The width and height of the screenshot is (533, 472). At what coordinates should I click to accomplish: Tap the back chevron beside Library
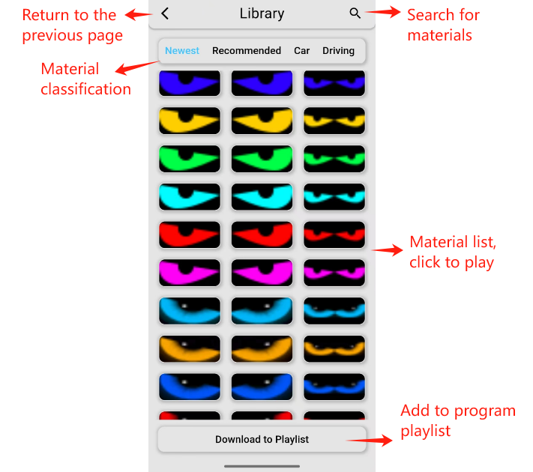click(x=165, y=13)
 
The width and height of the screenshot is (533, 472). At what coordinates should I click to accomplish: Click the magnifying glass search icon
click(x=355, y=13)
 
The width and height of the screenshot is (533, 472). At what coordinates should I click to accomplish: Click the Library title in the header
click(x=262, y=13)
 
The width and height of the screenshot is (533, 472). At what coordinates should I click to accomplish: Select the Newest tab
click(x=182, y=51)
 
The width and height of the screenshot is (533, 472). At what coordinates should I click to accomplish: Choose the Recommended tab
click(x=247, y=51)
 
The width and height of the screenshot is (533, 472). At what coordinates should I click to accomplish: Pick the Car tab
click(x=301, y=51)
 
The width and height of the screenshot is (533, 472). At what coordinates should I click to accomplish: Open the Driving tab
click(x=338, y=51)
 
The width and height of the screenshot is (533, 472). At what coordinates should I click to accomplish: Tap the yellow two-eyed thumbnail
click(x=334, y=121)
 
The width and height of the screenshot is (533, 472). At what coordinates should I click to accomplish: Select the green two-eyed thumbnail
click(x=334, y=159)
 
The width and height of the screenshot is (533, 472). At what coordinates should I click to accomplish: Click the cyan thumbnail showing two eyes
click(x=334, y=197)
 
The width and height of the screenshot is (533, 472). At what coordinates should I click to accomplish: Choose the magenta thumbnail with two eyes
click(x=334, y=273)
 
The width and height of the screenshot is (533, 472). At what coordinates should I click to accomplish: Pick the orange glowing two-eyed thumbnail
click(x=334, y=348)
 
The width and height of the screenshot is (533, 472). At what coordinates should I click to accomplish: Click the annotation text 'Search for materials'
click(x=442, y=25)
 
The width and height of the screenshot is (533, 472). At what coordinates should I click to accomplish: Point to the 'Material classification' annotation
click(x=85, y=79)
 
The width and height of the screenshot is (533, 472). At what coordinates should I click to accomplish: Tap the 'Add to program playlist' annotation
click(x=458, y=421)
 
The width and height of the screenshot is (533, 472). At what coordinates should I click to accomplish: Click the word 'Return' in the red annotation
click(x=46, y=15)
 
